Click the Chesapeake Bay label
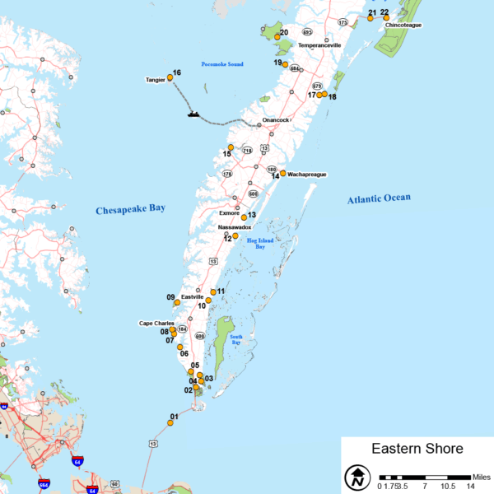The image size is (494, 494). (x=130, y=209)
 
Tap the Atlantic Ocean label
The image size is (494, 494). (x=378, y=198)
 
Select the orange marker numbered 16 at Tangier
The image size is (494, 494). (x=170, y=77)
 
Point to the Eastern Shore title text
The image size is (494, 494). (x=417, y=449)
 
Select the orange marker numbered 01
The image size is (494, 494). (x=170, y=422)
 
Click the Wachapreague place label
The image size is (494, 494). (x=307, y=175)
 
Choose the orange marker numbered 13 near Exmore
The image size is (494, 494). (x=244, y=217)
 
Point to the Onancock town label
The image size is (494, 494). (x=275, y=120)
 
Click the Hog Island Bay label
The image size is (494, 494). (x=259, y=243)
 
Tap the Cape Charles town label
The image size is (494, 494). (x=156, y=323)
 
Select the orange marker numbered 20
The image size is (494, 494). (x=277, y=37)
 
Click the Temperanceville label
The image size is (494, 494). (x=319, y=45)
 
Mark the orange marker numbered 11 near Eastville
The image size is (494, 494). (x=213, y=291)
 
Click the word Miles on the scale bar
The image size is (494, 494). (x=482, y=477)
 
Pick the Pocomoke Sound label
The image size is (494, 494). (x=222, y=64)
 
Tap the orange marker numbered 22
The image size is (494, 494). (x=386, y=17)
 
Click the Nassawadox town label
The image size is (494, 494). (x=234, y=226)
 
